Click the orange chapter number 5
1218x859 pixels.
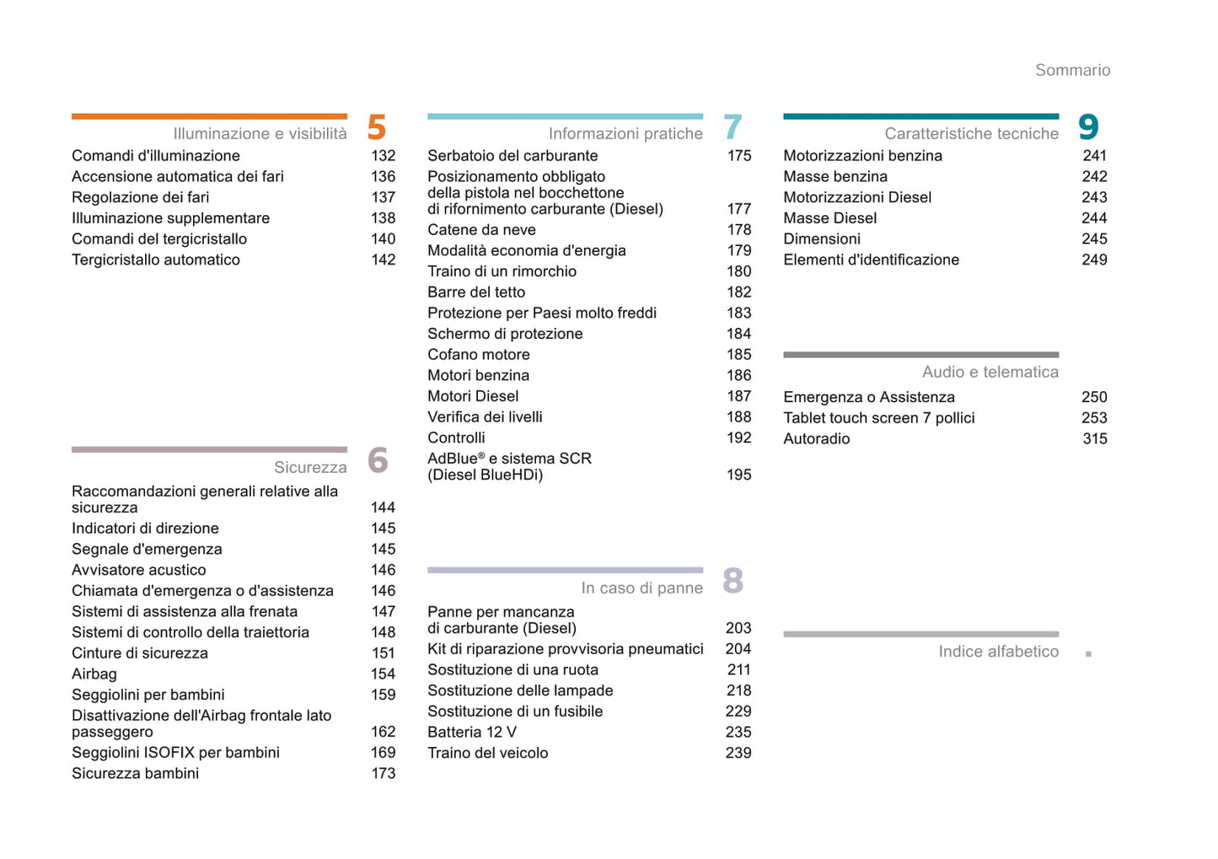click(377, 127)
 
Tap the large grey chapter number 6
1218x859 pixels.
click(378, 460)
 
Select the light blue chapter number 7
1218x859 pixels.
click(732, 127)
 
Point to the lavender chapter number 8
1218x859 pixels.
click(732, 581)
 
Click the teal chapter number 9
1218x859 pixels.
click(1088, 127)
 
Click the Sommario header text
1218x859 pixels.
click(1072, 70)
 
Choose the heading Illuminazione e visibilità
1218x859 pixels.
click(260, 133)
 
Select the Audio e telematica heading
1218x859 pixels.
click(990, 372)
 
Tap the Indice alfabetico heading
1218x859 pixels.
click(998, 652)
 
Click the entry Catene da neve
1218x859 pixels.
click(481, 229)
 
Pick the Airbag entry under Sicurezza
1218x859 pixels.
click(94, 674)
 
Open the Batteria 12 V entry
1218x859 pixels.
click(471, 732)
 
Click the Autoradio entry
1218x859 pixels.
click(816, 438)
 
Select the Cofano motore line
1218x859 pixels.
click(478, 354)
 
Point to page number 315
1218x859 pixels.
click(1094, 438)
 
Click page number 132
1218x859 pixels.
click(383, 155)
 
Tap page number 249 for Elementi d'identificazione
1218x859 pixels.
click(1094, 260)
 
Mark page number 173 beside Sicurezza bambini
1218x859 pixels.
click(383, 773)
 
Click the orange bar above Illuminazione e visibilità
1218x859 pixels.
click(209, 116)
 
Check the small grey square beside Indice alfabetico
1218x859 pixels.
click(1088, 653)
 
